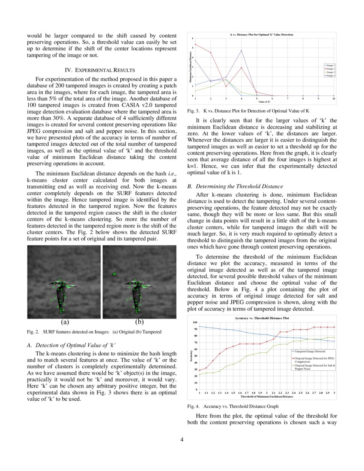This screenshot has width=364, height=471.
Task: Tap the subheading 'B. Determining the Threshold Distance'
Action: (235, 186)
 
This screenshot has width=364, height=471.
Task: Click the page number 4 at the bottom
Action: (182, 439)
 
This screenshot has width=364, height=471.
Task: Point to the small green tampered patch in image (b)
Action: (114, 274)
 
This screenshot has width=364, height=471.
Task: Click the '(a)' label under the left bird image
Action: (65, 322)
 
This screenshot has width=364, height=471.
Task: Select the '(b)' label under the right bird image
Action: (139, 322)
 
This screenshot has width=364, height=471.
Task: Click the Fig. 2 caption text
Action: (94, 332)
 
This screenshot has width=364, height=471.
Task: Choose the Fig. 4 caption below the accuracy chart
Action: (233, 406)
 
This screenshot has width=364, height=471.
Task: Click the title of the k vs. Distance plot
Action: (262, 34)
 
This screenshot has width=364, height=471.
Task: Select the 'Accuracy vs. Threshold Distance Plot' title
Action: (262, 318)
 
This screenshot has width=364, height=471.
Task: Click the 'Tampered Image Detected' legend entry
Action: (311, 351)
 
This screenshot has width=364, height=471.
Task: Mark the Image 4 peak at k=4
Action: (242, 51)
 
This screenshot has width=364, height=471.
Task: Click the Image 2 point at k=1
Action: (195, 44)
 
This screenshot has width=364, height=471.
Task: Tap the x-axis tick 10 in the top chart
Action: (334, 99)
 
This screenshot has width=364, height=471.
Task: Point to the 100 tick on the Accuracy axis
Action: (195, 322)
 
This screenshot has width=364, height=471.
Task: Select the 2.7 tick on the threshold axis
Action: (314, 392)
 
